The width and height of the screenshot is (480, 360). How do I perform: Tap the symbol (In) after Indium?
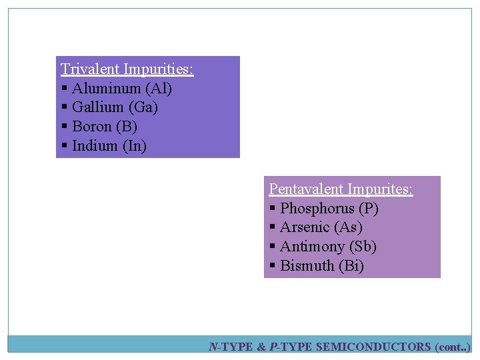pyautogui.click(x=135, y=145)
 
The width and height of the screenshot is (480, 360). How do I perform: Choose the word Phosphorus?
pyautogui.click(x=317, y=209)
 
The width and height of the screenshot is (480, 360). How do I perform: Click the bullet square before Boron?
pyautogui.click(x=65, y=127)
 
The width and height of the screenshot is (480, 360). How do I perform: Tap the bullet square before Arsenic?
pyautogui.click(x=273, y=228)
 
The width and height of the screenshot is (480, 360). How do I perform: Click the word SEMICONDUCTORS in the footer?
pyautogui.click(x=373, y=347)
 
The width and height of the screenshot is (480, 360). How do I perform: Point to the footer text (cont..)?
pyautogui.click(x=453, y=347)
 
